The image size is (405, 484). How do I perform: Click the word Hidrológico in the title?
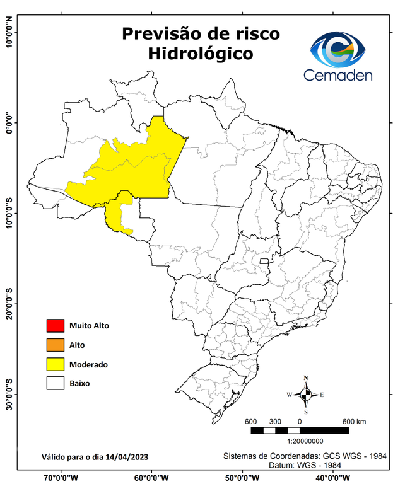tap(201, 54)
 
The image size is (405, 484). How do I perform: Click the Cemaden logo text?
tap(337, 74)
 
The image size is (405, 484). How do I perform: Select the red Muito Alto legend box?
tap(56, 326)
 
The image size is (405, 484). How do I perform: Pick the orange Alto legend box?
tap(56, 345)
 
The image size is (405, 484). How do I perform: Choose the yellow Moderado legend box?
tap(56, 364)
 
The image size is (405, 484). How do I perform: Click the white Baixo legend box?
tap(56, 383)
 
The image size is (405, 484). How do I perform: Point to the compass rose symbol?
tap(306, 395)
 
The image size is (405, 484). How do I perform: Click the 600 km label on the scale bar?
tap(354, 421)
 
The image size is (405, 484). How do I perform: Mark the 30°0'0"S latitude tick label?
tap(9, 394)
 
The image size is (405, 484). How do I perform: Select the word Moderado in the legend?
tap(88, 364)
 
